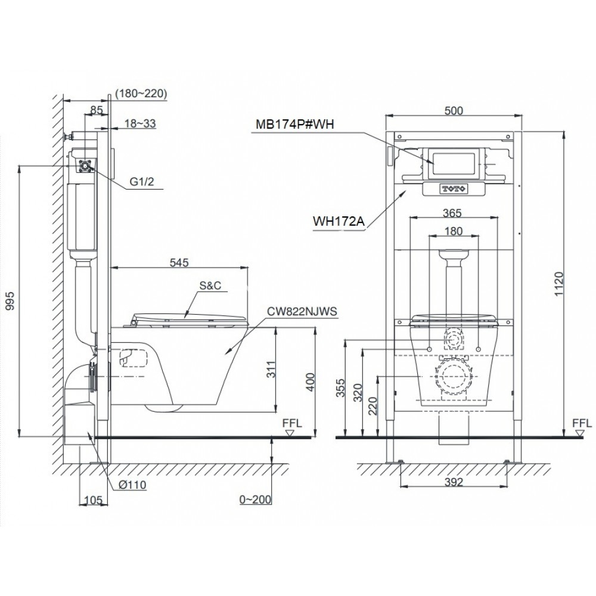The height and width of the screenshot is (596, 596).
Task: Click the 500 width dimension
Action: click(x=454, y=110)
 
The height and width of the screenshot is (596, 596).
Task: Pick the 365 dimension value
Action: click(x=454, y=212)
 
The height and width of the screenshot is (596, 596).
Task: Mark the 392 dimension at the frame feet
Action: click(x=454, y=483)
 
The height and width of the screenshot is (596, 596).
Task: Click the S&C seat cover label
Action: click(x=210, y=285)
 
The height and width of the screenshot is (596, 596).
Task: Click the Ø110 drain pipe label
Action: click(x=132, y=485)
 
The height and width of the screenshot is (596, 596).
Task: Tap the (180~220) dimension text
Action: click(x=141, y=93)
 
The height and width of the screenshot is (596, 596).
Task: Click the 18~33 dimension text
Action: click(x=141, y=123)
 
